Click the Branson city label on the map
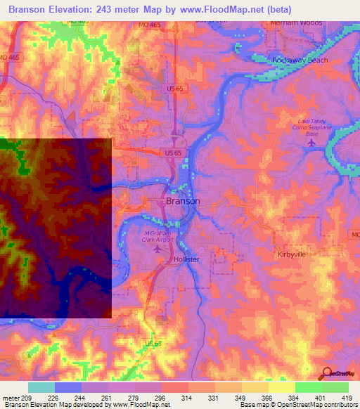click(183, 201)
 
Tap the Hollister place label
click(186, 259)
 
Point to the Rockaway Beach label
click(300, 60)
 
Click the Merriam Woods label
click(296, 22)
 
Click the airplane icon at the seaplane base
click(311, 143)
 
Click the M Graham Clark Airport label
click(157, 237)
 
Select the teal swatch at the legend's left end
click(41, 387)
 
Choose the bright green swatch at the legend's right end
click(335, 387)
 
